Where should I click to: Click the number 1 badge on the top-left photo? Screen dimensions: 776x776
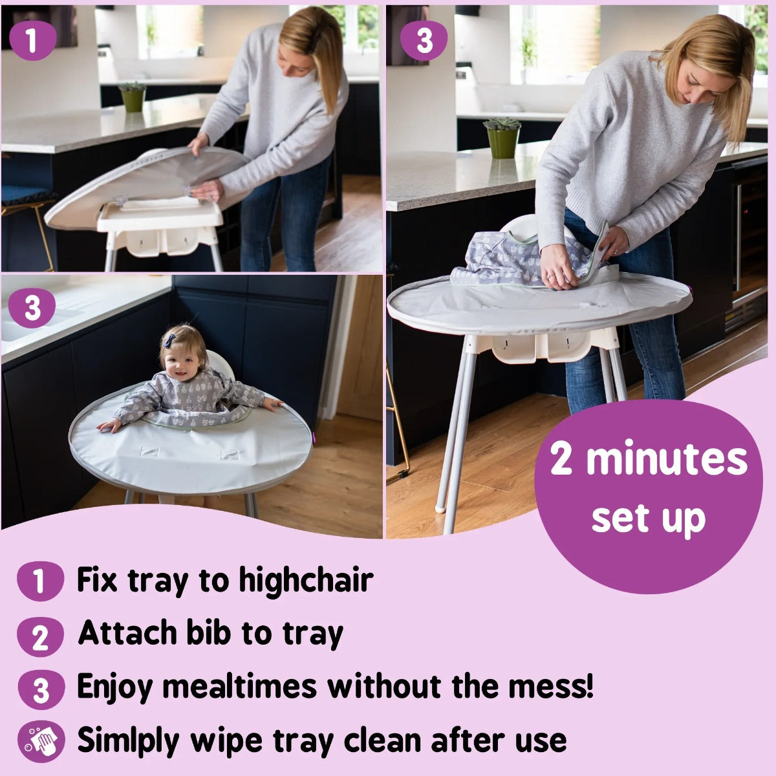[x=32, y=40]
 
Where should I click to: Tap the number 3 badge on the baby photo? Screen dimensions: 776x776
[x=32, y=308]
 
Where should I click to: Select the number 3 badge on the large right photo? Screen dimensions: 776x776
[x=424, y=40]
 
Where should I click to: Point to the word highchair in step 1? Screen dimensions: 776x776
[x=306, y=579]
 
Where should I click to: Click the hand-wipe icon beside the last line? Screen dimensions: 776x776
[x=41, y=741]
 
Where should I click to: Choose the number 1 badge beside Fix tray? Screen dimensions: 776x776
[x=40, y=581]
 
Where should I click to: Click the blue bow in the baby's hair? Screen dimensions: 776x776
[x=170, y=340]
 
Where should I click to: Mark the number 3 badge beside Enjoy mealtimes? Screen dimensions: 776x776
[x=40, y=689]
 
